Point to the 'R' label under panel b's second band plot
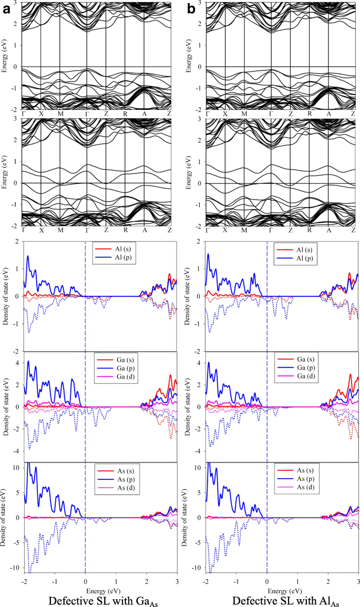tap(310, 230)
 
